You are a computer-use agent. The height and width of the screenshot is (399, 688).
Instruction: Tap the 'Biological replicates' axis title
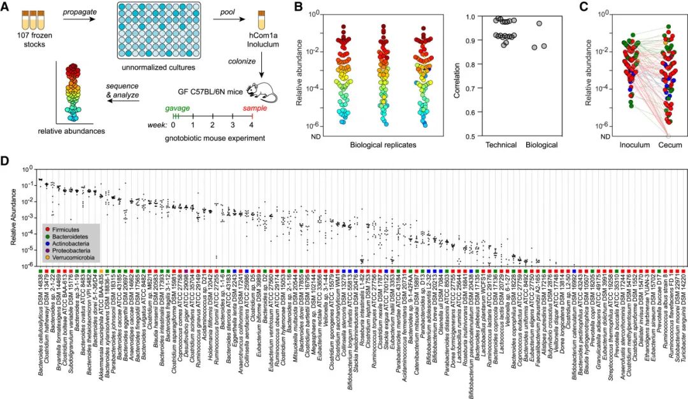point(382,145)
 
